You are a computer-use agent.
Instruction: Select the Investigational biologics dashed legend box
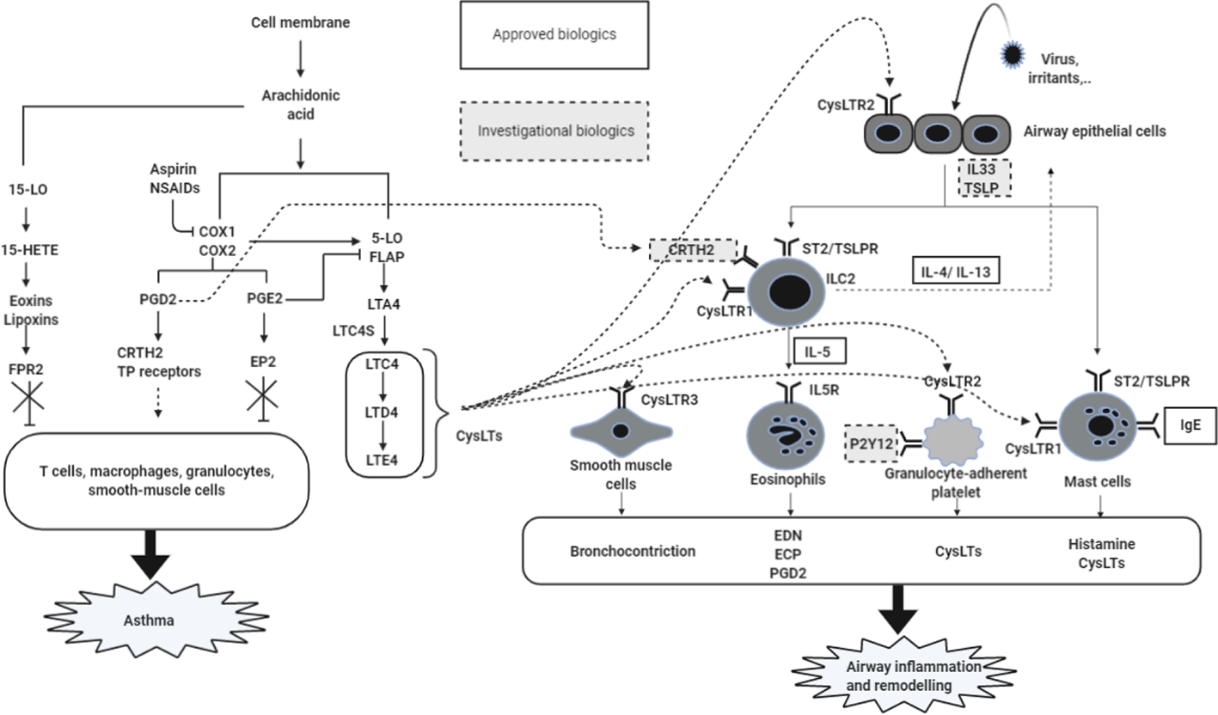(554, 131)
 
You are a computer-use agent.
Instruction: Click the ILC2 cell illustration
(786, 291)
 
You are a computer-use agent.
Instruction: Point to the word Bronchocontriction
(633, 551)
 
